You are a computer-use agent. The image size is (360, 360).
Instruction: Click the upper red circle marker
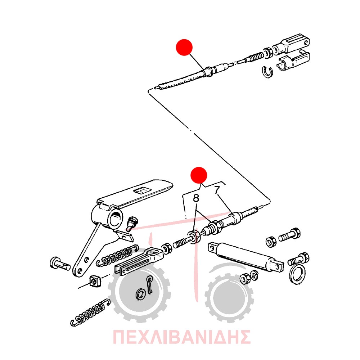[x=184, y=47]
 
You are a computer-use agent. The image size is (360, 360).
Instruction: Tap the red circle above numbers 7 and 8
[x=199, y=175]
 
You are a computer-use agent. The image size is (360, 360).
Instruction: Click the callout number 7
[x=217, y=190]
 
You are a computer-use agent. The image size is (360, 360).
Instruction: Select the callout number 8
[x=196, y=198]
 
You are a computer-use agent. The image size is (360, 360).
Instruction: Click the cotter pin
[x=150, y=284]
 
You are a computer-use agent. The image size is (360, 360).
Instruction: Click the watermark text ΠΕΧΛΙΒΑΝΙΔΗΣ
[x=181, y=337]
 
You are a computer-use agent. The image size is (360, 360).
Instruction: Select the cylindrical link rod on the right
[x=246, y=255]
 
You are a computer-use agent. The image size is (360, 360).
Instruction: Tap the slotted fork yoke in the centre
[x=139, y=261]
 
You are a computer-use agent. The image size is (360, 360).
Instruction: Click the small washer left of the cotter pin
[x=140, y=294]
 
